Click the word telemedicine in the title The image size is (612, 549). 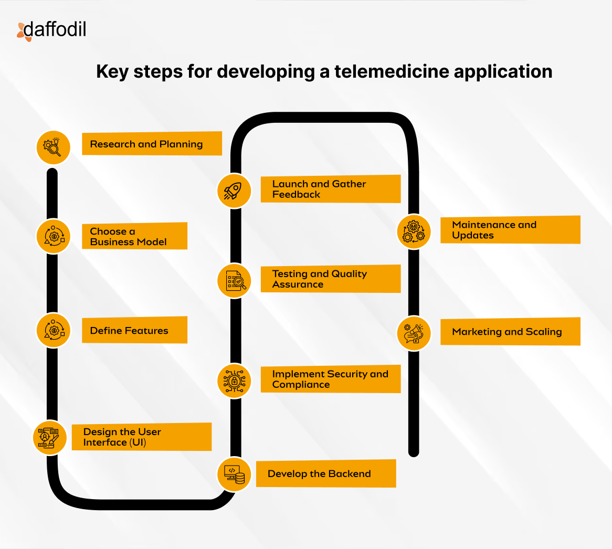point(392,71)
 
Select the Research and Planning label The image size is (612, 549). point(152,144)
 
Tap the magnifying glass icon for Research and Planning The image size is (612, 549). point(53,147)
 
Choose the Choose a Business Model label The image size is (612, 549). point(134,236)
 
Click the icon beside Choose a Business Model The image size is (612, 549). point(53,236)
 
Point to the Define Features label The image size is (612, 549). point(134,331)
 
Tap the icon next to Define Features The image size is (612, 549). point(53,331)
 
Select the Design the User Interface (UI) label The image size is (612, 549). point(141,437)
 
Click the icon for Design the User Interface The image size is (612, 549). point(50,437)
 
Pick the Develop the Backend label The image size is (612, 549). point(325,474)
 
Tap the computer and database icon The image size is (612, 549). point(234,474)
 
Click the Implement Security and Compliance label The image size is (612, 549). point(330,379)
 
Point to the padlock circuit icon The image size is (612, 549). point(234,381)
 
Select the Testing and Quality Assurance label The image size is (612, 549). point(330,279)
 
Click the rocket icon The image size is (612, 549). point(234,190)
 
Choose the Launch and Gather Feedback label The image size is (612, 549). point(330,189)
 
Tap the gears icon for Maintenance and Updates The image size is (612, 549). point(414,231)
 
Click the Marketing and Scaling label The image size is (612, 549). point(510,332)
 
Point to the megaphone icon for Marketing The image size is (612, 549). point(414,333)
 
